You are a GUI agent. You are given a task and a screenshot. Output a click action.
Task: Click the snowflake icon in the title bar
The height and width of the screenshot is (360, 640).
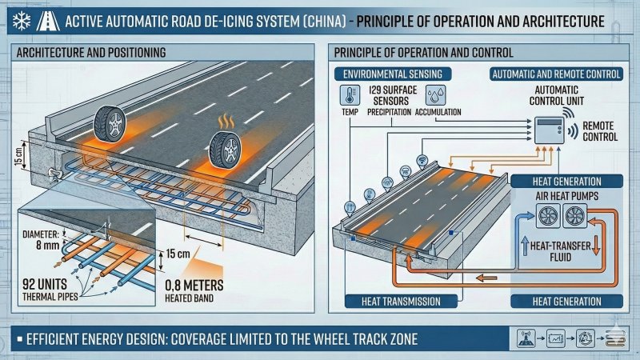22,21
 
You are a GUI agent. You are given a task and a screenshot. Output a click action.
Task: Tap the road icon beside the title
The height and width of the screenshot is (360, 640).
48,21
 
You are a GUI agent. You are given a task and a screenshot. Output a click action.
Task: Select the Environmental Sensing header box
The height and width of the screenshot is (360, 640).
393,74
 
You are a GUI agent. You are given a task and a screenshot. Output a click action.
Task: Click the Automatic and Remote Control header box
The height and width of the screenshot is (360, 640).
557,74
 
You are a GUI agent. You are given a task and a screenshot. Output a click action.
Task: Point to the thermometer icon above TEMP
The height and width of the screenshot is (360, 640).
350,95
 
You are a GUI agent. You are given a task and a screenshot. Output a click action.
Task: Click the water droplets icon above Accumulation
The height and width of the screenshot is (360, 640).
435,95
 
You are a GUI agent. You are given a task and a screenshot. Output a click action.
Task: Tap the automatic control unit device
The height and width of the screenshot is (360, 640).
549,130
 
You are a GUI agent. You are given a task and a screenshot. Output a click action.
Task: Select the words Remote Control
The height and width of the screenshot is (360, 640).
600,131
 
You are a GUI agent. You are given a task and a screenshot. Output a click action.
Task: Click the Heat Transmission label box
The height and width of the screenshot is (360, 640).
401,302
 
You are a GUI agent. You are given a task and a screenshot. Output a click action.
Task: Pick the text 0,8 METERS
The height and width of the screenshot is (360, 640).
194,285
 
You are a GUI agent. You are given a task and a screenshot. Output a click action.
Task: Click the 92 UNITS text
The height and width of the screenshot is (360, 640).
45,284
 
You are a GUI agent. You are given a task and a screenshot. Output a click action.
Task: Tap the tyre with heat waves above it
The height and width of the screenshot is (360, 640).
225,150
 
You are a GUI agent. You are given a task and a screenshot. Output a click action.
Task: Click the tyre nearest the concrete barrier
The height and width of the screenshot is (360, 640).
110,124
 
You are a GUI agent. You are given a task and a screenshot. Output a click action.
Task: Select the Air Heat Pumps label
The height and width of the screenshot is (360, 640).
567,196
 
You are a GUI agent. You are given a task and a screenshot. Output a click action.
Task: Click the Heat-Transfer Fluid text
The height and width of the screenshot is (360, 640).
561,251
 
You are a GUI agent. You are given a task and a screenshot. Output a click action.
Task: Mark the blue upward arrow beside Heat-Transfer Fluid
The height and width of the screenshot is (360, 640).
525,246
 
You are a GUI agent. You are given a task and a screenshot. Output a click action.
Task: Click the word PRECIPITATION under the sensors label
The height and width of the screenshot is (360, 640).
389,112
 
